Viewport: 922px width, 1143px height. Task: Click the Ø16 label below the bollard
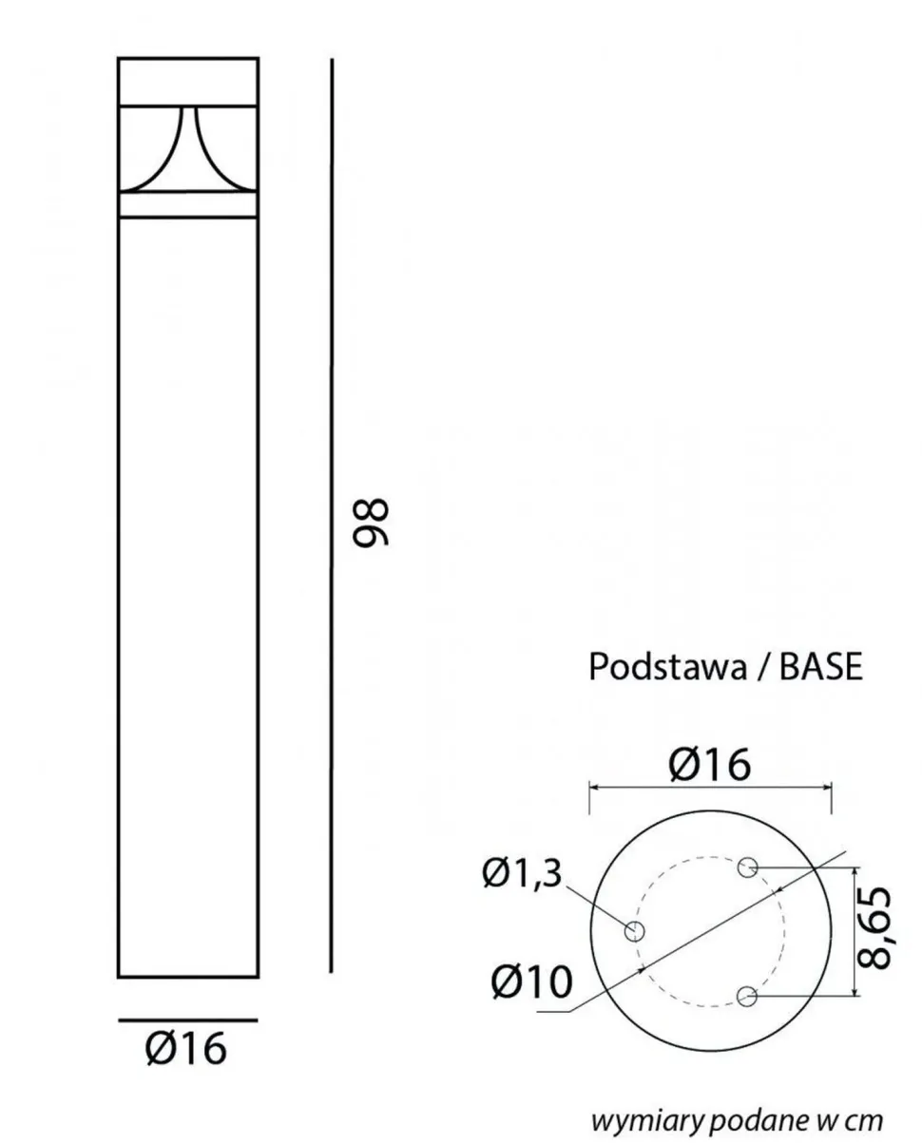coord(186,1050)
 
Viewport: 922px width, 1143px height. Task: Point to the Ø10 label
coord(531,981)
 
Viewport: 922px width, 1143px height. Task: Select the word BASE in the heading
coord(821,667)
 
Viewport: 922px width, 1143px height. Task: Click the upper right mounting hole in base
coord(749,867)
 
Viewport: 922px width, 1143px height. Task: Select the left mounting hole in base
coord(635,931)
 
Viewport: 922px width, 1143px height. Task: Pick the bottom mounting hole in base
coord(748,997)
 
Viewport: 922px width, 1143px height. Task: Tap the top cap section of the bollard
coord(187,80)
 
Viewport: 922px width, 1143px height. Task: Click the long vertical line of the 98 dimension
coord(331,513)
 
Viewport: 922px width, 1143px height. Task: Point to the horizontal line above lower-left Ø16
coord(187,1020)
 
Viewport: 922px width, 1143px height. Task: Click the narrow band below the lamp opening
coord(187,206)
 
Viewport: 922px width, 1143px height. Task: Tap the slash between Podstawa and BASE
coord(762,667)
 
